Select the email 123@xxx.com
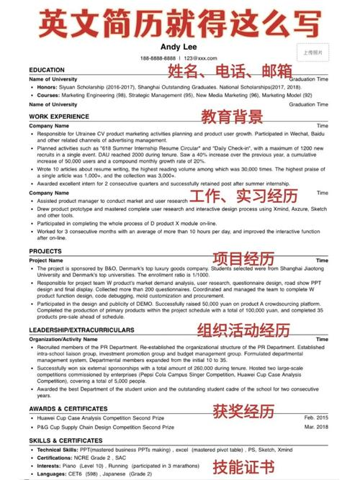tap(200, 58)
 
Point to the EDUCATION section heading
tap(48, 70)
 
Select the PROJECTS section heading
tap(45, 252)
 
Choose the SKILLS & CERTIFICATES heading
tap(67, 438)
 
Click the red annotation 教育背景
tap(231, 117)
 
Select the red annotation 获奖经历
tap(243, 412)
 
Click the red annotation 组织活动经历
tap(244, 331)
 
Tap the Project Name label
tap(47, 261)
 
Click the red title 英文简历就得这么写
tap(179, 22)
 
